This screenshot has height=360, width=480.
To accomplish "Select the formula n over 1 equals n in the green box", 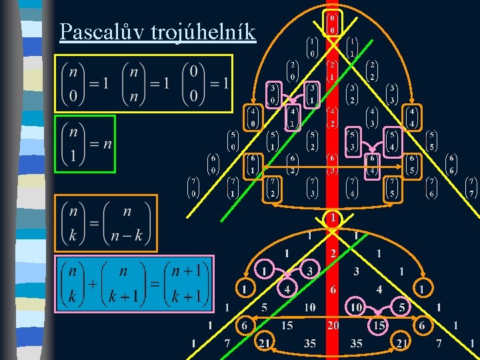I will pos(85,144).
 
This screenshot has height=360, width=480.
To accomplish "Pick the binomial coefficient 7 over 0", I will pos(193,187).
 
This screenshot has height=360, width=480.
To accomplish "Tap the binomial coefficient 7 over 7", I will pos(471,187).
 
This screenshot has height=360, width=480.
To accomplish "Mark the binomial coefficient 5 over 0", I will pos(233,140).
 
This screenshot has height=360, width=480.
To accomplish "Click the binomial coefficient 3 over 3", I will pos(392,94).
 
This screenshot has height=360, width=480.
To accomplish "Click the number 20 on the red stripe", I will pos(332,325).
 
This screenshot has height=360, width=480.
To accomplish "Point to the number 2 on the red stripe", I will pos(332,253).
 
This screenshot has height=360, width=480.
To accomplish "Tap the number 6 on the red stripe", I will pos(332,289).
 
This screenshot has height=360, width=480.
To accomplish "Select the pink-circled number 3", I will pos(309,271).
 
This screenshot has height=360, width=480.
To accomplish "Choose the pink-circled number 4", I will pos(287,289).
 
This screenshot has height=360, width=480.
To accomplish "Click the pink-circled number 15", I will pos(378,325).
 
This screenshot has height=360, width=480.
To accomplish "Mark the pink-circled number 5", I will pos(401,307).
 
